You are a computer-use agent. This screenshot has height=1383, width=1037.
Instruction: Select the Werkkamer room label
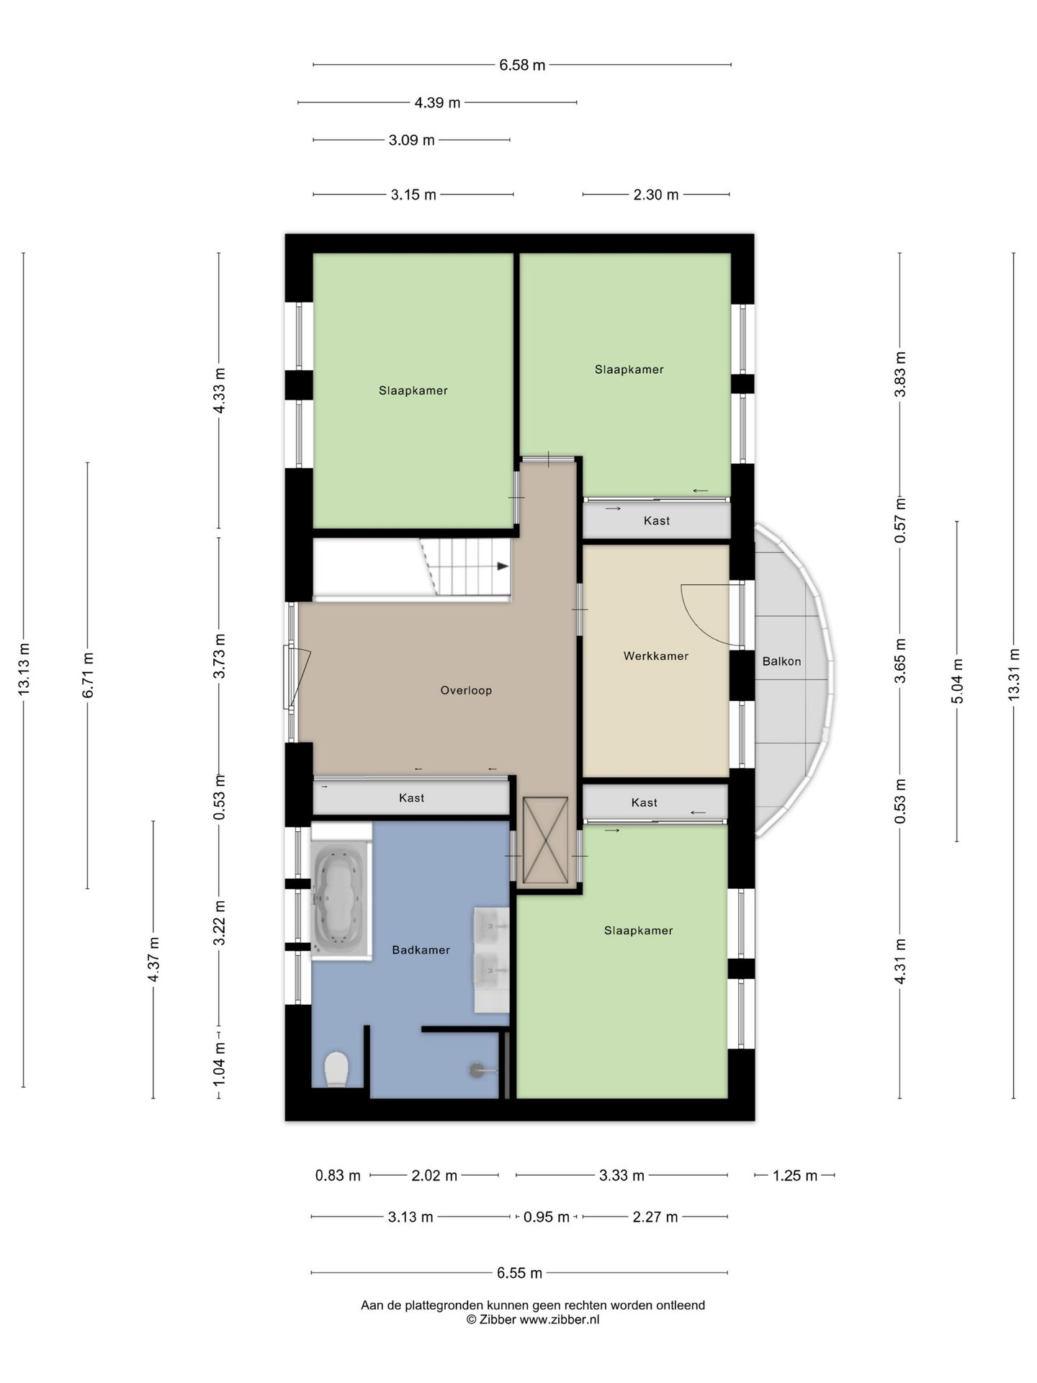(x=655, y=656)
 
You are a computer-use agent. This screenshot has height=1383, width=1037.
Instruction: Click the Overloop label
(x=466, y=691)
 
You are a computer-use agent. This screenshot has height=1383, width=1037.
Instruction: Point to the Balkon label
(x=781, y=661)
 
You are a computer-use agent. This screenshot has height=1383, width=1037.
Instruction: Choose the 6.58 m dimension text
(x=522, y=65)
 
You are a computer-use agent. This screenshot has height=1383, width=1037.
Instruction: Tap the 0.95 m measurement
(x=547, y=1217)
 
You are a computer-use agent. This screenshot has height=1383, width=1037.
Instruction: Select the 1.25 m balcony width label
(x=795, y=1176)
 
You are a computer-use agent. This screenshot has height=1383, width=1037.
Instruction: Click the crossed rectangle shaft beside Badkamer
(x=545, y=840)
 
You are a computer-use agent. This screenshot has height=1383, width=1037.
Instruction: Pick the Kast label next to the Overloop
(x=411, y=798)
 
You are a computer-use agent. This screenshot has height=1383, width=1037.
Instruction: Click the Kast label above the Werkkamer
(x=657, y=521)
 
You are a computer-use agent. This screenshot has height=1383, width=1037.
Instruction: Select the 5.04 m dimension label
(x=957, y=681)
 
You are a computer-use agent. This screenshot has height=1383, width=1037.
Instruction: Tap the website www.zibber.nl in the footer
(x=560, y=1320)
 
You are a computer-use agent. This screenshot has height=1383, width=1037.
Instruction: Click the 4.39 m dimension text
(x=437, y=103)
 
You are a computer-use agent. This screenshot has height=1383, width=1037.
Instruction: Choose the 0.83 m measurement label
(x=338, y=1176)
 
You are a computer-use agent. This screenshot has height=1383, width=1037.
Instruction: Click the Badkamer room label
(x=421, y=950)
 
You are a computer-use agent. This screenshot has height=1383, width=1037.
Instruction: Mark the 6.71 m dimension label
(x=88, y=675)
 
